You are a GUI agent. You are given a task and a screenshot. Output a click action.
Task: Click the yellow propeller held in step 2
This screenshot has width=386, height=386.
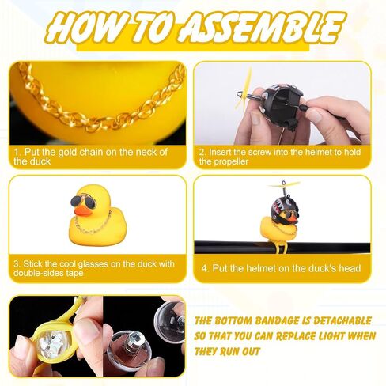pos(244,89)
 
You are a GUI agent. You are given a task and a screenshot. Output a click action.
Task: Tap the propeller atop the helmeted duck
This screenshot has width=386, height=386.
pos(284,184)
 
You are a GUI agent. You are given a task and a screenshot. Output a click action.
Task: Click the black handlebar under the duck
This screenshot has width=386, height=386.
pos(282,247)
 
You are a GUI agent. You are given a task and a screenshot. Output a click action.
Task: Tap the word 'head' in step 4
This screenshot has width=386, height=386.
pos(350,268)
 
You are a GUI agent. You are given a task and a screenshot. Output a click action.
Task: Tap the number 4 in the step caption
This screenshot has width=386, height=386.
pos(204,268)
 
